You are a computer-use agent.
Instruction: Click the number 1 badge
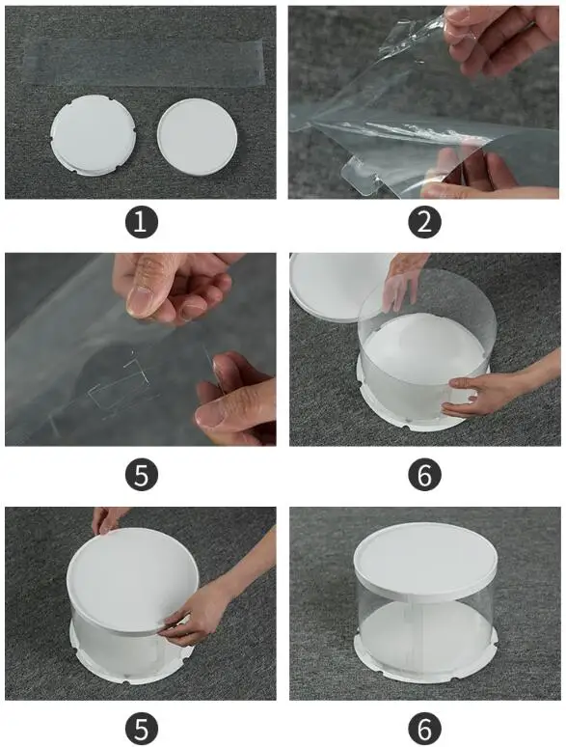(x=142, y=222)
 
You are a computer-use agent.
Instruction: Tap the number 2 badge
(x=424, y=222)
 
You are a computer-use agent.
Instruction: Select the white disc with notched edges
(x=94, y=135)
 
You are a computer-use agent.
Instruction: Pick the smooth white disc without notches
(x=197, y=137)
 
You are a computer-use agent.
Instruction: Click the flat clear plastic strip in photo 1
(x=143, y=63)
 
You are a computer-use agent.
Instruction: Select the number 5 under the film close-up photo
(x=142, y=475)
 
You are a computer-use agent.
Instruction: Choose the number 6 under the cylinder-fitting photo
(x=424, y=475)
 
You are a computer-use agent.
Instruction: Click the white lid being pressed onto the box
(x=132, y=579)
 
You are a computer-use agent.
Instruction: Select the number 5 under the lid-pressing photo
(x=142, y=729)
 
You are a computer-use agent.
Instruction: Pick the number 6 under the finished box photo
(x=424, y=729)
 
